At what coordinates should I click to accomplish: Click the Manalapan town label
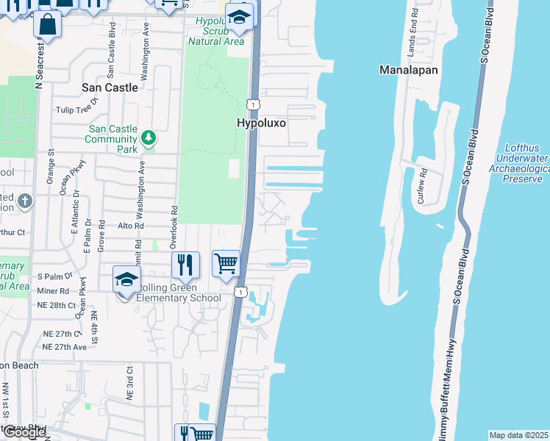click(x=409, y=71)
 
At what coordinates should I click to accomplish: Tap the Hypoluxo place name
click(x=260, y=123)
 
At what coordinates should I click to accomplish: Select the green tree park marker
click(x=149, y=138)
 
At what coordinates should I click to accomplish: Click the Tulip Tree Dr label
click(x=76, y=110)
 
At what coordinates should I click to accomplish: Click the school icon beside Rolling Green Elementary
click(x=126, y=280)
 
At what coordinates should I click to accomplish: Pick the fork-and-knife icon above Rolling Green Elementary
click(x=185, y=265)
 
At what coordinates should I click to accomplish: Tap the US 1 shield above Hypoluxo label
click(x=251, y=104)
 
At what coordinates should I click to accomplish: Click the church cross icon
click(x=24, y=201)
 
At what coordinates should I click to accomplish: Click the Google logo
click(x=24, y=432)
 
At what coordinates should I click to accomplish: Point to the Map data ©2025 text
click(x=519, y=435)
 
